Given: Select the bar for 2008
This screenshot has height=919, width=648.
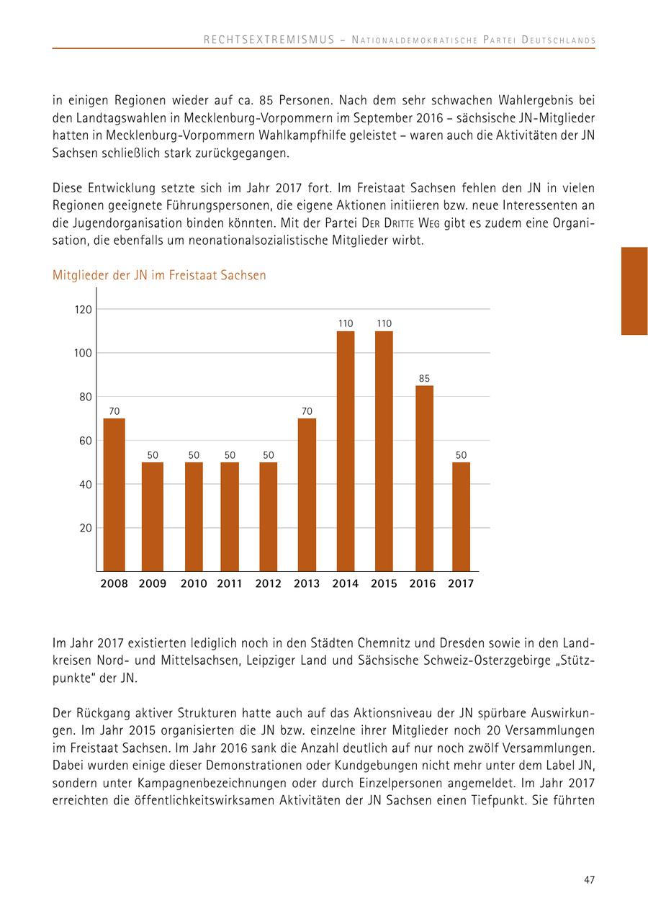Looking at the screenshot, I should point(114,495).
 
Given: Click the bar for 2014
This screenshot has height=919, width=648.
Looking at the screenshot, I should point(346,451).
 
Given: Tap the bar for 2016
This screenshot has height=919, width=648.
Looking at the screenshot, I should point(424,478).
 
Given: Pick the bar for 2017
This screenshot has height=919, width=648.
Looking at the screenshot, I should point(461,516).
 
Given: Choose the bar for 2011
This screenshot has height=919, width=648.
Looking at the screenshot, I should point(230,516).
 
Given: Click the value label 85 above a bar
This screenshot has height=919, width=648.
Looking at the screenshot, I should point(424,378).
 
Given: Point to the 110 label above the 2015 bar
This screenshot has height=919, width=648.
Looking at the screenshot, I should point(384,323).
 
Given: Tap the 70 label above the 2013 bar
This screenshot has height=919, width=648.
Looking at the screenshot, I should point(307,411).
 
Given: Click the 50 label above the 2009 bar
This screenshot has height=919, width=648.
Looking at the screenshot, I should point(153,455).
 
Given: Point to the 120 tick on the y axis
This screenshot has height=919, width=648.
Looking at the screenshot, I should point(84,310).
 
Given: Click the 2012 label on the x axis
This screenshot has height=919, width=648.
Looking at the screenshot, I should point(268,584).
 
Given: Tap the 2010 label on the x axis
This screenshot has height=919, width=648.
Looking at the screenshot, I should point(194,584).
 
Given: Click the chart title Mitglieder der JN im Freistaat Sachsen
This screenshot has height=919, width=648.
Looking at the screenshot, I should point(159,275).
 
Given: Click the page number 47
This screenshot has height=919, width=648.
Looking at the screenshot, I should point(589,880).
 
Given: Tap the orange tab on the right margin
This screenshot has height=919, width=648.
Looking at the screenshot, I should point(634,291).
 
